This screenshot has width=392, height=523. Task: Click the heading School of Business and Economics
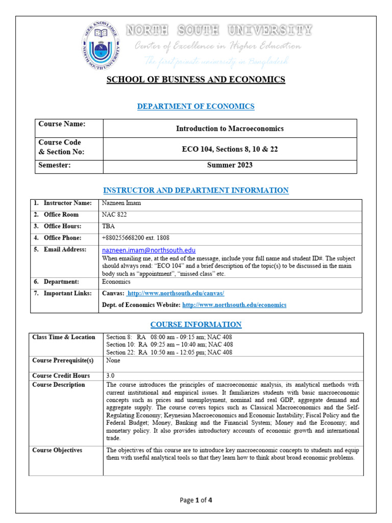pyautogui.click(x=195, y=79)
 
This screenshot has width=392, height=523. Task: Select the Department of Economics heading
pyautogui.click(x=196, y=106)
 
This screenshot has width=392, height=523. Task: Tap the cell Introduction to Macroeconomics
pyautogui.click(x=230, y=128)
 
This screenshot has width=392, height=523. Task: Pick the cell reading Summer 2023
pyautogui.click(x=230, y=165)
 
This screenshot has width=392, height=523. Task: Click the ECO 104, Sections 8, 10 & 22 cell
pyautogui.click(x=230, y=149)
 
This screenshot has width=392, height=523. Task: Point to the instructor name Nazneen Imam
pyautogui.click(x=121, y=203)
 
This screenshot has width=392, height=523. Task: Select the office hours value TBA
pyautogui.click(x=109, y=226)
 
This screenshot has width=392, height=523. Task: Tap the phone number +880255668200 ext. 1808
pyautogui.click(x=136, y=237)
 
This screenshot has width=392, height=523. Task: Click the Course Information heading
pyautogui.click(x=196, y=324)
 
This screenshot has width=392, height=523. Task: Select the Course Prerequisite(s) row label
pyautogui.click(x=63, y=361)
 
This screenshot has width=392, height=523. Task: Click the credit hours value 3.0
pyautogui.click(x=111, y=375)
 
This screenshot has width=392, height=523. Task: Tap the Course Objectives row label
pyautogui.click(x=57, y=450)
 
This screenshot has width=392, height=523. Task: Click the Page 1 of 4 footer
pyautogui.click(x=196, y=500)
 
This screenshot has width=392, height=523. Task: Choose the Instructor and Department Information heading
pyautogui.click(x=196, y=191)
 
